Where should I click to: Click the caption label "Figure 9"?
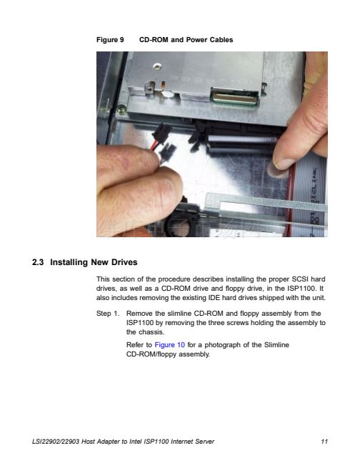110,39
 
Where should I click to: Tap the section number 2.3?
38,262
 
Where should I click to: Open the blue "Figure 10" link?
170,345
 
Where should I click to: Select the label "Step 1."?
108,313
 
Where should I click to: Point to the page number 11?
324,442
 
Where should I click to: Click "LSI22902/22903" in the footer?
56,442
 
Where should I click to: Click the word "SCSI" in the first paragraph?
300,279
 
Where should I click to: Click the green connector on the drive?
235,98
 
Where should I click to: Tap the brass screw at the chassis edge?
121,109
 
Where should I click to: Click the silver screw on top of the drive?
157,66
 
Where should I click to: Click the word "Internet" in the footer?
181,442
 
